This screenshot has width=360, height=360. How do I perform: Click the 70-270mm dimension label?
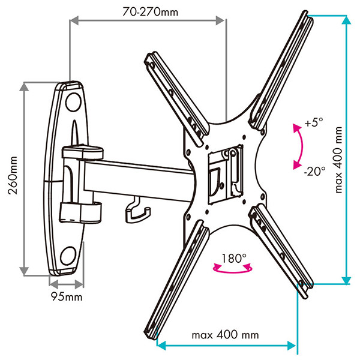click(x=150, y=12)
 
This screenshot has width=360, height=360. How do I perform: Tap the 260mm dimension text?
click(x=13, y=175)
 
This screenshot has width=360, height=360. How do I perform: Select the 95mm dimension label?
click(x=67, y=296)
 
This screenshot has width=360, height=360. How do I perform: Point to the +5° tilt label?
click(x=314, y=122)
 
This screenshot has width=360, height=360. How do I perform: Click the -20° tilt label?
click(x=314, y=171)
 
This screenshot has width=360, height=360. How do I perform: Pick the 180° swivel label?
click(x=234, y=258)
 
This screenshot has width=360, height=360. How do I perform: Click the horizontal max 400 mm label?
click(x=225, y=335)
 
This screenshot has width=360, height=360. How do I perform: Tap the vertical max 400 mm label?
click(x=338, y=160)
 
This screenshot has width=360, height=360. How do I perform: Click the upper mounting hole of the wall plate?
click(x=73, y=102)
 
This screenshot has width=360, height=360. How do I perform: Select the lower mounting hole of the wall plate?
click(x=68, y=256)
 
